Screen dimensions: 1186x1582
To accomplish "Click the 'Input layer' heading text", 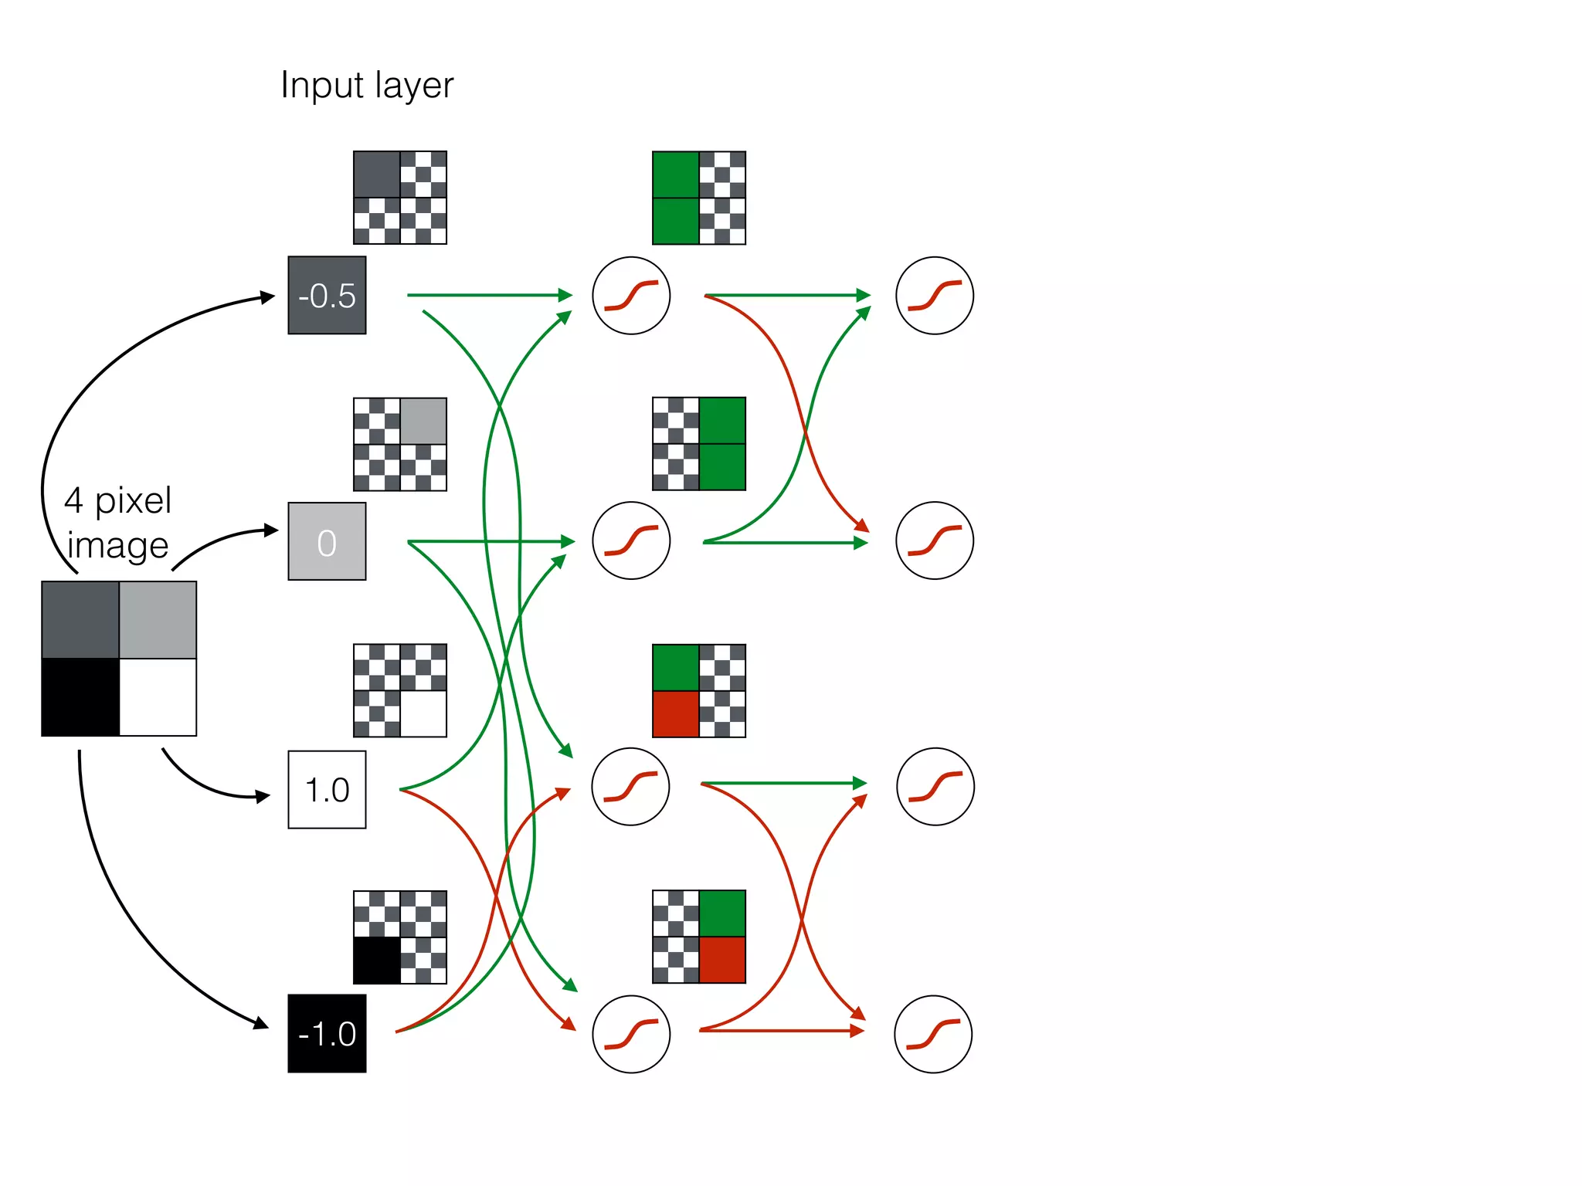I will (x=367, y=85).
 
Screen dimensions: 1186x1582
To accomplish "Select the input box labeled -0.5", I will (x=327, y=295).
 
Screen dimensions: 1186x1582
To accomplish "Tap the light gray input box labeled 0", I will (x=327, y=541).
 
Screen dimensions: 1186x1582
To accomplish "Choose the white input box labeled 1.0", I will (x=327, y=789).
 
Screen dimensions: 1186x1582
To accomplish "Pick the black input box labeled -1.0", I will (x=327, y=1033).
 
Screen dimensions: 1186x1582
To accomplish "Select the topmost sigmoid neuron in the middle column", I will (x=631, y=295).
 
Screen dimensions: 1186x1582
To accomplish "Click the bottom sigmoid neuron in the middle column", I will (x=631, y=1033).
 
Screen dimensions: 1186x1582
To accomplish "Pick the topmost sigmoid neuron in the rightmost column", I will (x=935, y=295).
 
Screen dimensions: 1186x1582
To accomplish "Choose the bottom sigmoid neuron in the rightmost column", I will (x=933, y=1033).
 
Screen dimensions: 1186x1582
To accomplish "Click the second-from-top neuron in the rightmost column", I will (x=935, y=540).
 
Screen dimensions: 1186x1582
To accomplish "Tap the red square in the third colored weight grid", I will (x=676, y=714).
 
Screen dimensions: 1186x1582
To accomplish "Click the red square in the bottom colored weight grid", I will (x=722, y=960).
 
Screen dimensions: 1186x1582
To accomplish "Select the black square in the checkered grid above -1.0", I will (x=377, y=960).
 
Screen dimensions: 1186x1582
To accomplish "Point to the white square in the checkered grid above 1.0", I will (x=423, y=714).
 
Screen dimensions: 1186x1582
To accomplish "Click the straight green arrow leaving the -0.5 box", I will (x=487, y=295).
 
